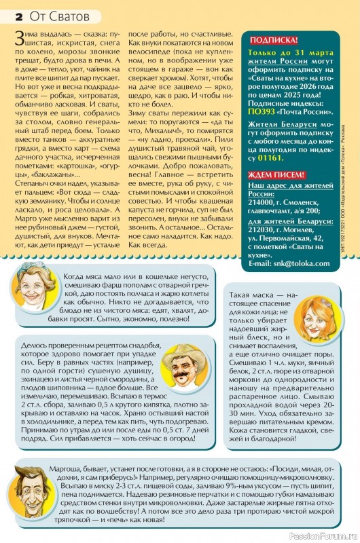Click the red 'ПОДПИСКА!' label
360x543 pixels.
[274, 40]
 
